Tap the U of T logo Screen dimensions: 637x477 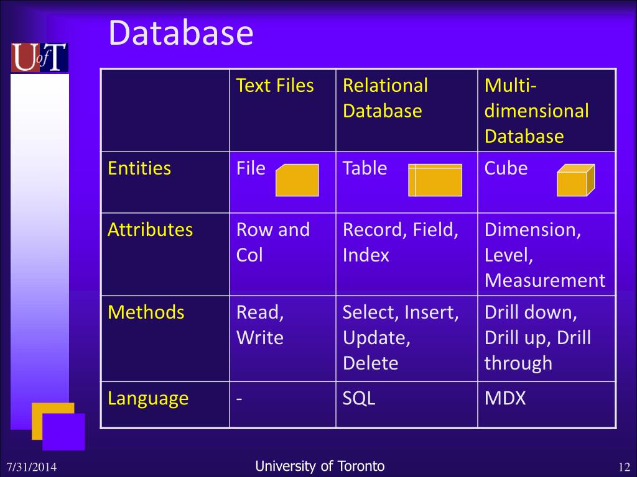39,58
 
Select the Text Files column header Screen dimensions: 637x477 275,86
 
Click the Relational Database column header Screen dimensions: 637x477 385,98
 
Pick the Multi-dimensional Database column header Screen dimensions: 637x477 536,111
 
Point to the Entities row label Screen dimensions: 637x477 139,168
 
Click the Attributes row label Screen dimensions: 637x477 151,230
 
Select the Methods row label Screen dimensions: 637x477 146,312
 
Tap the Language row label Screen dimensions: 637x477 148,398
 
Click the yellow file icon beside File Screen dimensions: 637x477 297,180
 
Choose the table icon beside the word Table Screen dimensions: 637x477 435,180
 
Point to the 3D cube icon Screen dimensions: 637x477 575,180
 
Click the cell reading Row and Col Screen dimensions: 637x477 273,242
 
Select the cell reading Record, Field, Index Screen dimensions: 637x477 400,242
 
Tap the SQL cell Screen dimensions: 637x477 359,398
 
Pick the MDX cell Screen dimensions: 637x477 505,398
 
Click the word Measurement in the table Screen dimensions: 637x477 545,281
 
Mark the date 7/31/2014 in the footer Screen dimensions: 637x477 32,467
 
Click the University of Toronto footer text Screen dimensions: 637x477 320,466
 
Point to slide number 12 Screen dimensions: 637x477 625,467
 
